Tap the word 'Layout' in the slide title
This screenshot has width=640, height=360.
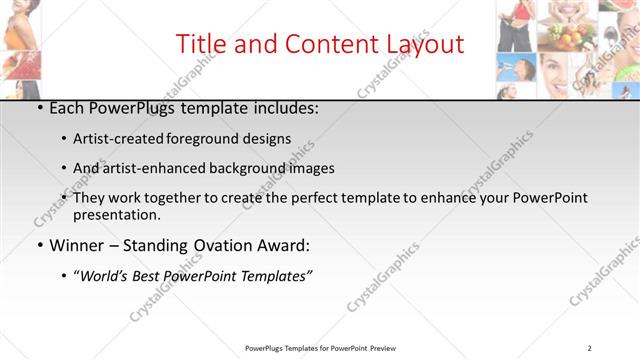(x=426, y=45)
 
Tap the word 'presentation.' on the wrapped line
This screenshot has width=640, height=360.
(x=117, y=214)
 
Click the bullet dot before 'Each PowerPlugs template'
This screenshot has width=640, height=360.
(x=38, y=108)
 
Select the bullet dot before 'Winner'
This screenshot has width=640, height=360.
(x=38, y=245)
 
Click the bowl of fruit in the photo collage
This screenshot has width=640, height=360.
(x=567, y=37)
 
